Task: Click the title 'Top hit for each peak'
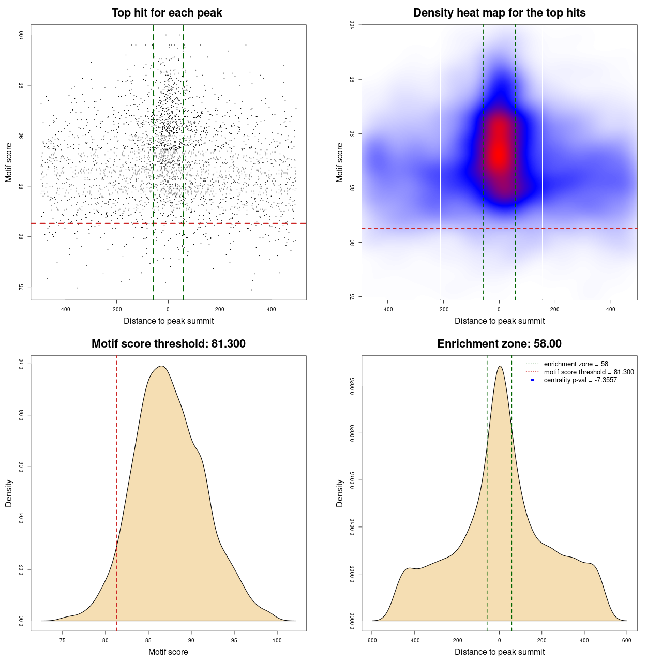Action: pyautogui.click(x=167, y=13)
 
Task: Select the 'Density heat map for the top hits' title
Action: pyautogui.click(x=499, y=13)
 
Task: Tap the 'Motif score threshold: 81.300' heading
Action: pyautogui.click(x=168, y=344)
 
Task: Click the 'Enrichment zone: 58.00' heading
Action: pyautogui.click(x=499, y=344)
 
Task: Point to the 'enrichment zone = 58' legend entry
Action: pyautogui.click(x=576, y=364)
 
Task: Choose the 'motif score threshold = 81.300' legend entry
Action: pyautogui.click(x=589, y=372)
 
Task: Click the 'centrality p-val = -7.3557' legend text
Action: pyautogui.click(x=580, y=380)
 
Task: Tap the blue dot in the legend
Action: pyautogui.click(x=532, y=380)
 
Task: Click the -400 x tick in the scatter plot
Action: pyautogui.click(x=65, y=309)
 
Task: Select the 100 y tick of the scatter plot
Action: pyautogui.click(x=22, y=35)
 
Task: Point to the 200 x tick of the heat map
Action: pyautogui.click(x=555, y=309)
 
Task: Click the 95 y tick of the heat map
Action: pyautogui.click(x=352, y=79)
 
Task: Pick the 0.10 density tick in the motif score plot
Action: pyautogui.click(x=22, y=364)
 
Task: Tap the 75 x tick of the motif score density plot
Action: pyautogui.click(x=63, y=640)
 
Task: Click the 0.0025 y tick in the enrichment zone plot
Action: pyautogui.click(x=352, y=386)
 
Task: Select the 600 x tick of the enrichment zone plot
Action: pyautogui.click(x=627, y=640)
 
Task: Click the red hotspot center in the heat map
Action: pyautogui.click(x=499, y=153)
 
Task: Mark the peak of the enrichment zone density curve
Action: pyautogui.click(x=500, y=366)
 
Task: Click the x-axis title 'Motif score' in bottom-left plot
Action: pyautogui.click(x=168, y=652)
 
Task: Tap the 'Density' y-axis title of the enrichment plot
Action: pyautogui.click(x=340, y=493)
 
